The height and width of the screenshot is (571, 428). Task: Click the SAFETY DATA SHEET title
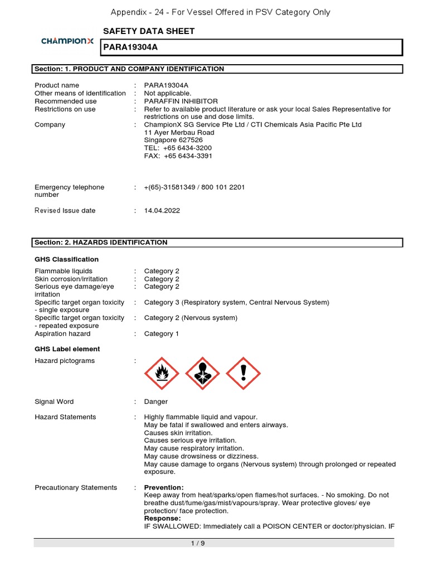[149, 31]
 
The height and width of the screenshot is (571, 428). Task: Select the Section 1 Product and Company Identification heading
[129, 69]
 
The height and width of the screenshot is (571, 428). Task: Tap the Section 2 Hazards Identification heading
[101, 243]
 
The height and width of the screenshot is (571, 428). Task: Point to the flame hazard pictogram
[162, 374]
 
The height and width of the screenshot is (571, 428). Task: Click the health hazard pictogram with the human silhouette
[202, 374]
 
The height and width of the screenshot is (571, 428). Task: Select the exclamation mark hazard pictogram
[243, 374]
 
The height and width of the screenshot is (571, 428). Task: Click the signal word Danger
[155, 401]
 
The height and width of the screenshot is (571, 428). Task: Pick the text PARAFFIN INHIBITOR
[181, 101]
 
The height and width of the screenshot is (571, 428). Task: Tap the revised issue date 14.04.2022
[162, 211]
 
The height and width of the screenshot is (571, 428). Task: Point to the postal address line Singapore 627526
[173, 141]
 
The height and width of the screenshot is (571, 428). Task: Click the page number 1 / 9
[198, 544]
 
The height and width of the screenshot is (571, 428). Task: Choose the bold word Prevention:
[164, 487]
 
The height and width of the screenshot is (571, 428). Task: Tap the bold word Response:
[163, 519]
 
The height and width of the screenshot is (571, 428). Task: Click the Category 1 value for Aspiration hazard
[162, 333]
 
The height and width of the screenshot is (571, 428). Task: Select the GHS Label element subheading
[67, 349]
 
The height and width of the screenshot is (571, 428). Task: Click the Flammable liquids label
[64, 271]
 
